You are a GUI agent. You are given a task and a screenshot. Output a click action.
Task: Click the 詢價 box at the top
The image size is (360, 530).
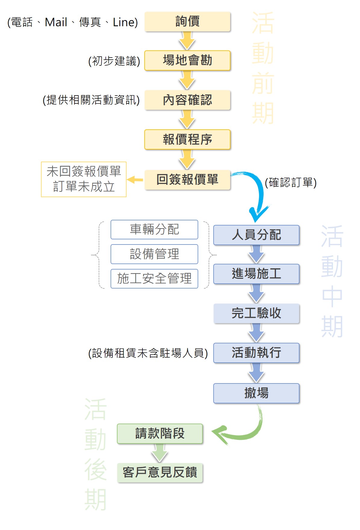pyautogui.click(x=187, y=21)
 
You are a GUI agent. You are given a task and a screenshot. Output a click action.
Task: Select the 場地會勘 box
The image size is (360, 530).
pyautogui.click(x=187, y=61)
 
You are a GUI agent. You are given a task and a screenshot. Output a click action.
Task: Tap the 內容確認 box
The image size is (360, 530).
pyautogui.click(x=187, y=100)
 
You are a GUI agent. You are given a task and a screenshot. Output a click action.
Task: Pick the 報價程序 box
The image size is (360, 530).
pyautogui.click(x=187, y=139)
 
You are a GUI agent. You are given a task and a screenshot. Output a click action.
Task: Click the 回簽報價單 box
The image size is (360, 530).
pyautogui.click(x=187, y=179)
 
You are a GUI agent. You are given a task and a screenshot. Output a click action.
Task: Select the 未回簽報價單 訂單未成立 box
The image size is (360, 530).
pyautogui.click(x=84, y=179)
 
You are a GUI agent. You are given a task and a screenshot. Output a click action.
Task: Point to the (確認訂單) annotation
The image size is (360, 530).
pyautogui.click(x=291, y=182)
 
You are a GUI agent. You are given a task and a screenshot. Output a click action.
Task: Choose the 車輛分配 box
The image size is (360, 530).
pyautogui.click(x=154, y=229)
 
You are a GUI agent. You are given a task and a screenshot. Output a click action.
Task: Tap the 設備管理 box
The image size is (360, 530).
pyautogui.click(x=154, y=254)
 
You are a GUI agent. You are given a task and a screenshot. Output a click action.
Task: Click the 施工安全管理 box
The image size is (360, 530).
pyautogui.click(x=154, y=279)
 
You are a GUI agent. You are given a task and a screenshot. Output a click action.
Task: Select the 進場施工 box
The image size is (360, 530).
pyautogui.click(x=256, y=274)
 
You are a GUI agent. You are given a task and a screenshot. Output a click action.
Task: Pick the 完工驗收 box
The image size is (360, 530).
pyautogui.click(x=256, y=313)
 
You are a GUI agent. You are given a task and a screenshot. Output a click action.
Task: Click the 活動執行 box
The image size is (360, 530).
pyautogui.click(x=256, y=353)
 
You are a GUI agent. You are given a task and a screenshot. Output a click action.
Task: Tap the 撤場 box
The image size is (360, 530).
pyautogui.click(x=256, y=393)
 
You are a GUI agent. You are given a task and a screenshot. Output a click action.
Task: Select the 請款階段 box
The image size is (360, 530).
pyautogui.click(x=160, y=434)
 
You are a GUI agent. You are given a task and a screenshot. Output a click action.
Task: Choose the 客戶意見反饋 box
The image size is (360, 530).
pyautogui.click(x=160, y=472)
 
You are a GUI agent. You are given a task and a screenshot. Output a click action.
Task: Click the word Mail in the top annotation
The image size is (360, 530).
pyautogui.click(x=56, y=22)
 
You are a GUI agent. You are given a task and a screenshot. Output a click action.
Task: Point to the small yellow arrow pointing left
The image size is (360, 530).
pyautogui.click(x=135, y=180)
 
